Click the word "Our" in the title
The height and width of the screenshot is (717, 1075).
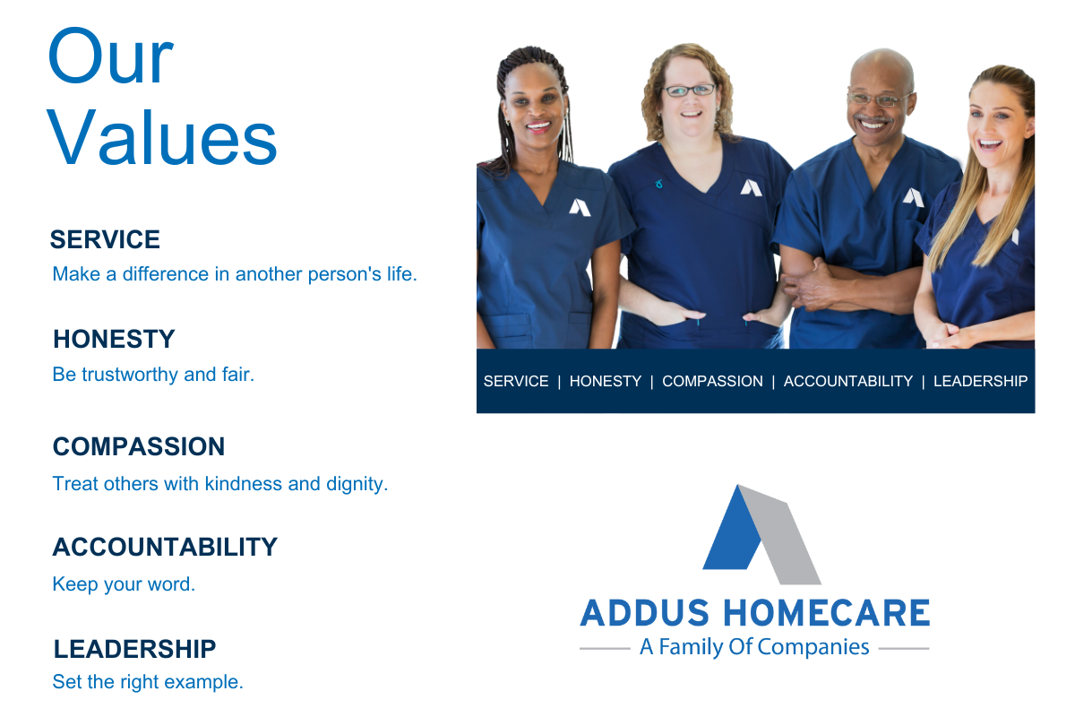110,56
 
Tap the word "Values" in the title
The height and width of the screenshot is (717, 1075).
162,137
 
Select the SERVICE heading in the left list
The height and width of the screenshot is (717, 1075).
105,239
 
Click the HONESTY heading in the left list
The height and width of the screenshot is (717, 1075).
115,339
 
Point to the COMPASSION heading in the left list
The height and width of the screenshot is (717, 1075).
139,446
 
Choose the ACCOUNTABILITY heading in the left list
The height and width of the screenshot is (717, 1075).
165,547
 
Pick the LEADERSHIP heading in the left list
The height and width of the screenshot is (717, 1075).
135,649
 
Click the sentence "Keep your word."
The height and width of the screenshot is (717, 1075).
124,584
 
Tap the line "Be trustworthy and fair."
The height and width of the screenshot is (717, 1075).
153,375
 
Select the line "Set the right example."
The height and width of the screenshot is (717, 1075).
148,682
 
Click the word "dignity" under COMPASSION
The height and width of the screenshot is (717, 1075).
355,484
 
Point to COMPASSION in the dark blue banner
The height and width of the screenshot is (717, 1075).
713,381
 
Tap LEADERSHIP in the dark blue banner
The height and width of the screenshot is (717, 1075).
980,381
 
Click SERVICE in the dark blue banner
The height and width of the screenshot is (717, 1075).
516,381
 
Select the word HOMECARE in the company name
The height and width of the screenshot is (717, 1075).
826,613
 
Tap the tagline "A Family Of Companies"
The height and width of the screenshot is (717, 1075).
754,647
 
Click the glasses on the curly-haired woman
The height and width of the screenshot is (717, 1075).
689,91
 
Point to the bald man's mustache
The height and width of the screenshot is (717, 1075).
872,118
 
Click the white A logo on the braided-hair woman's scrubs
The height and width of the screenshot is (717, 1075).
580,208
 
